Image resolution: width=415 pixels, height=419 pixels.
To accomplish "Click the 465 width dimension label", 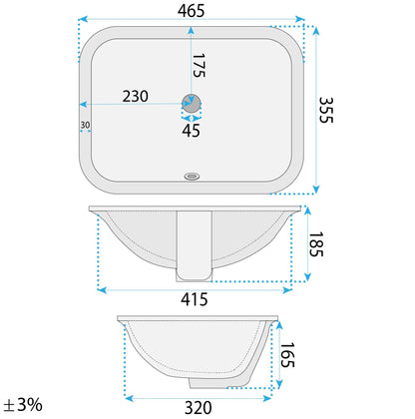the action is coord(191,11).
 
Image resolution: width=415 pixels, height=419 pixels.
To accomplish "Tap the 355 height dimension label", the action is coord(326,110).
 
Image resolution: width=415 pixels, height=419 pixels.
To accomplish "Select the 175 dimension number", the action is coord(199,66).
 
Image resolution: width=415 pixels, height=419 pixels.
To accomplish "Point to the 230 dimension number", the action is coord(136,97).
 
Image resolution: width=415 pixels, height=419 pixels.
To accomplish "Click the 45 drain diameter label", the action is coord(192,131).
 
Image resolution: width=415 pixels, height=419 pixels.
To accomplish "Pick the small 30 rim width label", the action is coord(85,125).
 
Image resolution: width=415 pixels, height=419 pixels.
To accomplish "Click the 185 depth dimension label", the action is coord(316,244).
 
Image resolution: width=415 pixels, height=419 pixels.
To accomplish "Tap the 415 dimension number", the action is coord(195,299).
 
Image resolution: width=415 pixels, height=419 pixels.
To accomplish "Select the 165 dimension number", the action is coord(287,355).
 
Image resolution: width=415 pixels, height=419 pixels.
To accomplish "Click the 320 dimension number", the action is coord(199,408).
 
